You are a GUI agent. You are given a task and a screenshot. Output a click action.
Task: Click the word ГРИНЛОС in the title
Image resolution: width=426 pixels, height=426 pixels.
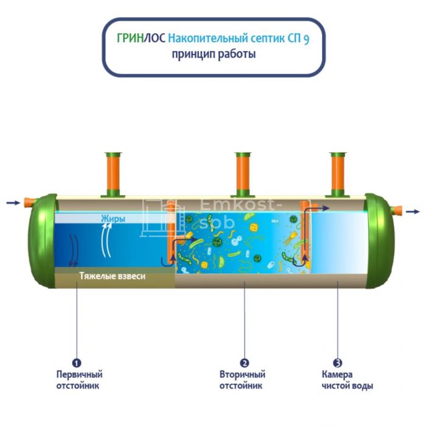tap(141, 38)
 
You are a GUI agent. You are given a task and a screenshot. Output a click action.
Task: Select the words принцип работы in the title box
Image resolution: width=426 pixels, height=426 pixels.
tap(214, 54)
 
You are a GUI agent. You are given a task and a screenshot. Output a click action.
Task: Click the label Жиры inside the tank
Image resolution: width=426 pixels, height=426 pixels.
tap(113, 219)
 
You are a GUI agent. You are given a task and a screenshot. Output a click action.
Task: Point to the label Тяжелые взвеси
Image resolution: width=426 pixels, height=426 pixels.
tap(112, 276)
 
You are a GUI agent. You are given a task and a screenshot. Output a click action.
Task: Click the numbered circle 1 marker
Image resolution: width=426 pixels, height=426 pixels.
tap(77, 363)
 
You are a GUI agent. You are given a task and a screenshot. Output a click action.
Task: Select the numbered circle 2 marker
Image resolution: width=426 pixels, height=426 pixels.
tap(244, 363)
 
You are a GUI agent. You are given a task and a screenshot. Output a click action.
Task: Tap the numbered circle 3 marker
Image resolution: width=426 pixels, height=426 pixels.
tap(337, 363)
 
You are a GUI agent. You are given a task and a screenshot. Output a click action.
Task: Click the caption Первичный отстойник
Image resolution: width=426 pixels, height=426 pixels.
tap(79, 380)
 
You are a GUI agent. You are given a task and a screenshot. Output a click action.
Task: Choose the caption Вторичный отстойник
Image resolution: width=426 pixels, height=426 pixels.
tap(242, 380)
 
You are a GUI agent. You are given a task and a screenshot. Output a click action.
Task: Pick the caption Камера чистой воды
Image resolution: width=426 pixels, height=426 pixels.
tap(347, 380)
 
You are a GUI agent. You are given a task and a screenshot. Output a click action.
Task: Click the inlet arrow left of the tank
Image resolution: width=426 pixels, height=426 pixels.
tap(13, 203)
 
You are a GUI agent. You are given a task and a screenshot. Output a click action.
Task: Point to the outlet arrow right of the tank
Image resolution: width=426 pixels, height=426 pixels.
tap(413, 211)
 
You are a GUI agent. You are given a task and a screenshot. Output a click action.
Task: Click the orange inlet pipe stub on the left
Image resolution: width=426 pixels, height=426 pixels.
tap(29, 203)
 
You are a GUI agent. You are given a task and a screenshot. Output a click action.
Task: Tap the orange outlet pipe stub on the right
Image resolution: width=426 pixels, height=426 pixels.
tap(396, 210)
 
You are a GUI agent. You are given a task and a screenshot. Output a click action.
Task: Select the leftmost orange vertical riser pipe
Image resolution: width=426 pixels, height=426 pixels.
tap(113, 174)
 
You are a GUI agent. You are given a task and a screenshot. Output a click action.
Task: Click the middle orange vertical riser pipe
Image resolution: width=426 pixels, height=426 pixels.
tap(243, 174)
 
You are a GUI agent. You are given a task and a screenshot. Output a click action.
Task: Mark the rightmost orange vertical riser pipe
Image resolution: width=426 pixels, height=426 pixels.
tap(338, 174)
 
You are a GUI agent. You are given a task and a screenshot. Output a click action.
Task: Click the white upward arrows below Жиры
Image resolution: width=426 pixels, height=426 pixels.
tap(106, 240)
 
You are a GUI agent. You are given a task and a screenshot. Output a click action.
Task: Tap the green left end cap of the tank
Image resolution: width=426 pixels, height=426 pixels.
tap(42, 241)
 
